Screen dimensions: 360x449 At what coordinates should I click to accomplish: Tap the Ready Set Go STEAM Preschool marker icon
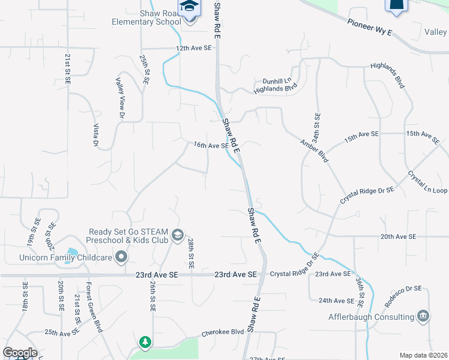pyautogui.click(x=177, y=235)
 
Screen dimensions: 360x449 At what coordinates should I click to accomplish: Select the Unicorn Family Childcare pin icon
pyautogui.click(x=121, y=257)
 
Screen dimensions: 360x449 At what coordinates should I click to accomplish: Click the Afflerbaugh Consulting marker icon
pyautogui.click(x=423, y=316)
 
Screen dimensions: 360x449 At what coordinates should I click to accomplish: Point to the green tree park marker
pyautogui.click(x=145, y=342)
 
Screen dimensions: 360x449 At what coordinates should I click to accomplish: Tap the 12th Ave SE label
pyautogui.click(x=194, y=47)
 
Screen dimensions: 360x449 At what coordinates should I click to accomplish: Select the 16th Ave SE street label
pyautogui.click(x=211, y=145)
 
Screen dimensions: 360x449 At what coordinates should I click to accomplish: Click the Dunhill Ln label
pyautogui.click(x=277, y=81)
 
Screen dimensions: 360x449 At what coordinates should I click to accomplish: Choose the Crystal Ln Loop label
pyautogui.click(x=427, y=182)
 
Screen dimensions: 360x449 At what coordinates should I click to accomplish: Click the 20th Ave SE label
pyautogui.click(x=398, y=237)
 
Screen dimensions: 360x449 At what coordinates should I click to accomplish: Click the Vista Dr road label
pyautogui.click(x=95, y=135)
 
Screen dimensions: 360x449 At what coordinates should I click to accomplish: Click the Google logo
pyautogui.click(x=20, y=353)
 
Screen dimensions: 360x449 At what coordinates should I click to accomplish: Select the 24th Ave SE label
pyautogui.click(x=337, y=301)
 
